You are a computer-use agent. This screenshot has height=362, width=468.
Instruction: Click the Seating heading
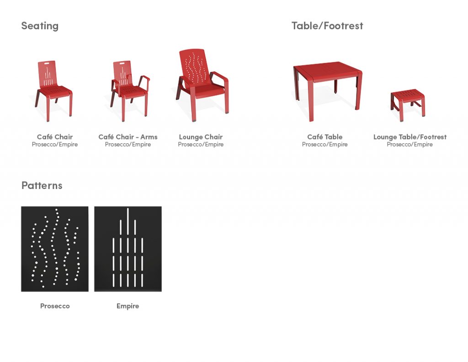[x=40, y=26]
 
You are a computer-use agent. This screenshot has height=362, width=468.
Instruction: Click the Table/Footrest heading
[x=327, y=26]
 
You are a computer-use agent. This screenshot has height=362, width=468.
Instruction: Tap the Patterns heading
[x=42, y=185]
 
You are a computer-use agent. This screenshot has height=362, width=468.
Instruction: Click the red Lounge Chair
[x=202, y=85]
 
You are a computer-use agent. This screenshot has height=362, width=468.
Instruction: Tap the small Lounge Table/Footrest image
[x=408, y=105]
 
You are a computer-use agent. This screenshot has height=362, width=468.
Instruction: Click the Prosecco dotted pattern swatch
[x=55, y=249]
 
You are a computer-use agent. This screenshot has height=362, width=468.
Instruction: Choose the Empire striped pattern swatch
[x=128, y=249]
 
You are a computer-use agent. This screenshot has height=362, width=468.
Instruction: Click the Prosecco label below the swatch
[x=55, y=306]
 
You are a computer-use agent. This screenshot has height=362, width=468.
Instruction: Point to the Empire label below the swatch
[x=128, y=306]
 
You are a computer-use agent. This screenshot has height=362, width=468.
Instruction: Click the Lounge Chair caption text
[x=201, y=137]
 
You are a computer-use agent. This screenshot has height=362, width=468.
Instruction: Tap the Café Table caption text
[x=325, y=137]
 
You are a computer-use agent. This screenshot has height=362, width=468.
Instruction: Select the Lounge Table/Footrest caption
[x=410, y=137]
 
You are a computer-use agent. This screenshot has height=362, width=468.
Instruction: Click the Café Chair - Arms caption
[x=128, y=137]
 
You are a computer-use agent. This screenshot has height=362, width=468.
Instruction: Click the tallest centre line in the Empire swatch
[x=128, y=221]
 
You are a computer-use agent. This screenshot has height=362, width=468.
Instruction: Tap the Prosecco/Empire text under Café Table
[x=325, y=144]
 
